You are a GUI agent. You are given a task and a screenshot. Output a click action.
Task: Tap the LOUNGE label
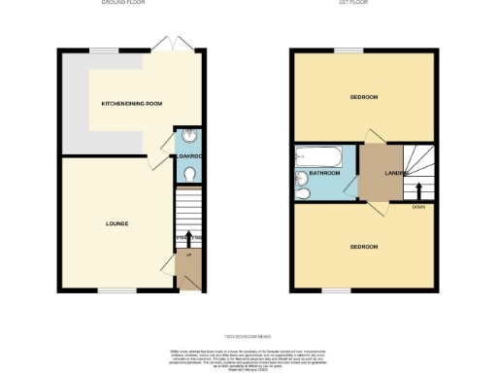pos(117,223)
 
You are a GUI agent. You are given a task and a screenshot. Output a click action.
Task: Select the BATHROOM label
pos(324,173)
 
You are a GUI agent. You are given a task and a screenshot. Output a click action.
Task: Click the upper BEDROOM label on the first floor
pos(364,97)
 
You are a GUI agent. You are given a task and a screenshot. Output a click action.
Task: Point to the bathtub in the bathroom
pos(316,153)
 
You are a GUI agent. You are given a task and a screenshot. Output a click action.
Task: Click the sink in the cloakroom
pos(188,137)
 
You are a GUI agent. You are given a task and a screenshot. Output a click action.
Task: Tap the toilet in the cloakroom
pos(188,173)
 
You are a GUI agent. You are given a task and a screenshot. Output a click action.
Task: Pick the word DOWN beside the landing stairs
pos(417,207)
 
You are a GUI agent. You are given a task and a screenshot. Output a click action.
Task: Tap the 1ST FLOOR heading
pos(365,3)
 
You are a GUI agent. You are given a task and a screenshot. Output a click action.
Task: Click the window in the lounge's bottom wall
pos(116,290)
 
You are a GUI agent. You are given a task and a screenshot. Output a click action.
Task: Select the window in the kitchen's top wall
pos(104,50)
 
